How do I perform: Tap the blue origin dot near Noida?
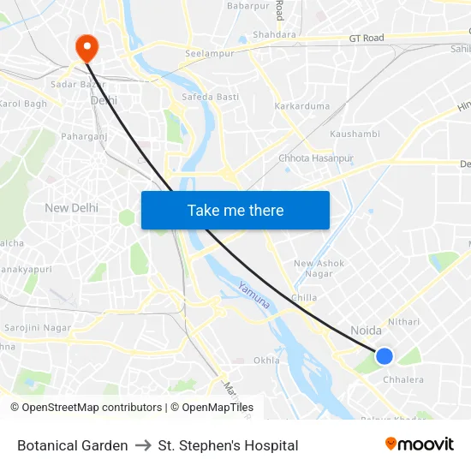click(x=385, y=355)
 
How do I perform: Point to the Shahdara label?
click(x=274, y=35)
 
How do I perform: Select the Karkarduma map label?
click(x=301, y=106)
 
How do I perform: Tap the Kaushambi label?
click(x=355, y=134)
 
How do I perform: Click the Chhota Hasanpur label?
click(x=316, y=158)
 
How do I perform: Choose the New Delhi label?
click(x=71, y=208)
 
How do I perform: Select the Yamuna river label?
click(x=254, y=295)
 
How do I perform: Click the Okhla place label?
click(x=266, y=361)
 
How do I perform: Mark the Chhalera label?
click(x=402, y=379)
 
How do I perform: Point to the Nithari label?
click(x=403, y=322)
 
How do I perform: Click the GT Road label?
click(x=367, y=39)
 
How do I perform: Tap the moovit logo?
click(x=419, y=444)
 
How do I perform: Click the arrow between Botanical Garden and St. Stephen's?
click(x=143, y=445)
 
